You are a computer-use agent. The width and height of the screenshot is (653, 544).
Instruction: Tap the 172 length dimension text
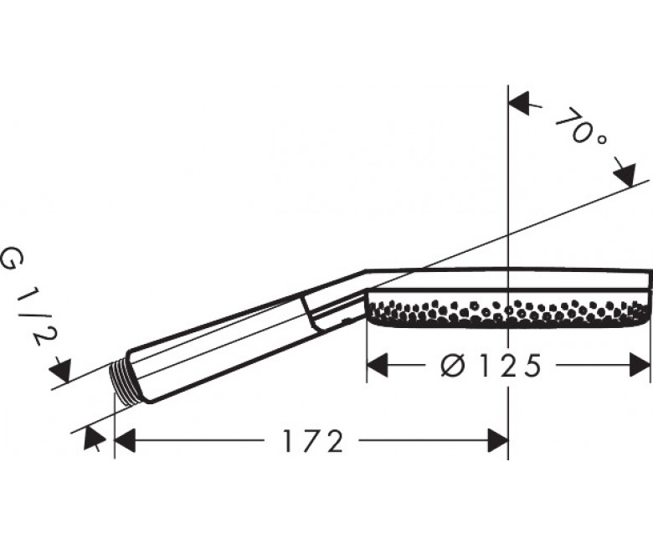point(313,441)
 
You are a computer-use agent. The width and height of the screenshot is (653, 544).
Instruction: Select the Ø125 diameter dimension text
point(491,365)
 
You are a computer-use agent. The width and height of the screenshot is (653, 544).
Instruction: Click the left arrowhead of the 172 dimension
point(125,440)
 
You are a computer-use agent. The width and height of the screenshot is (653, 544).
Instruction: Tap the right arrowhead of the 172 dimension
point(497,440)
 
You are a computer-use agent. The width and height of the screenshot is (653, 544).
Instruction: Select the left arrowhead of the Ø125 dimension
point(378,365)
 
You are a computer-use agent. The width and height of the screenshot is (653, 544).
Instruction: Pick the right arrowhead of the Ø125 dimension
point(640,365)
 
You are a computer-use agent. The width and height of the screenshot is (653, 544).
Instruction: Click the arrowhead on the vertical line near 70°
point(519,104)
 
